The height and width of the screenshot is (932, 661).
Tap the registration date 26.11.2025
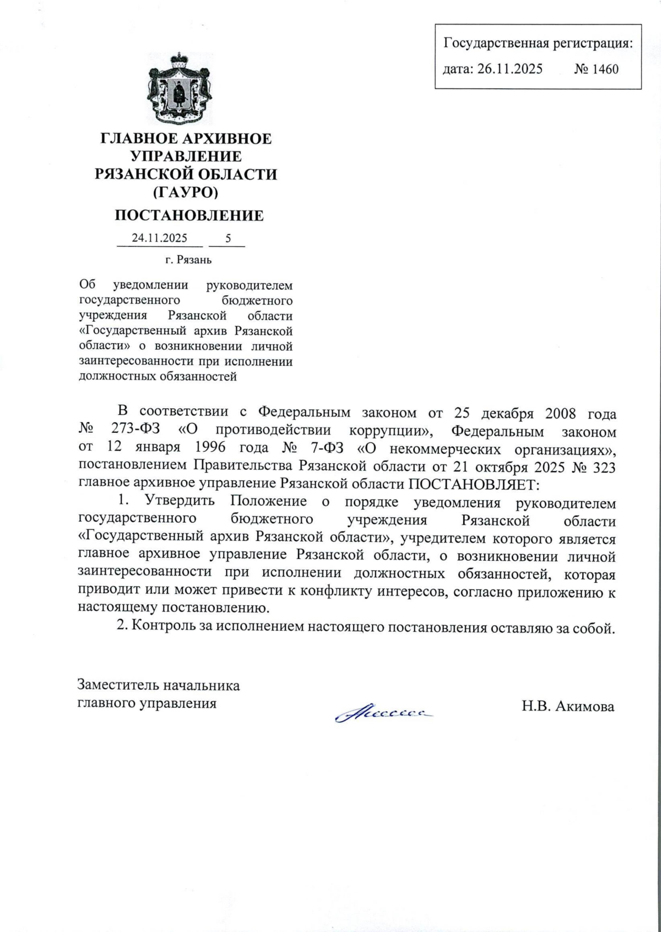coord(510,69)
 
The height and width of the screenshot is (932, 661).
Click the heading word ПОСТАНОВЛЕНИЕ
coord(188,215)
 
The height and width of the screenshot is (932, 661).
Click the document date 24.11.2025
coord(159,238)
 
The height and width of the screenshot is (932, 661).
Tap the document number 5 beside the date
coord(227,238)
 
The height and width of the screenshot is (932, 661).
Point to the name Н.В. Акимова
coord(568,707)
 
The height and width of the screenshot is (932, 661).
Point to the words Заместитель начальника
coord(159,686)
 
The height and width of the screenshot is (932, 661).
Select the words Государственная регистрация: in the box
coord(538,43)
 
